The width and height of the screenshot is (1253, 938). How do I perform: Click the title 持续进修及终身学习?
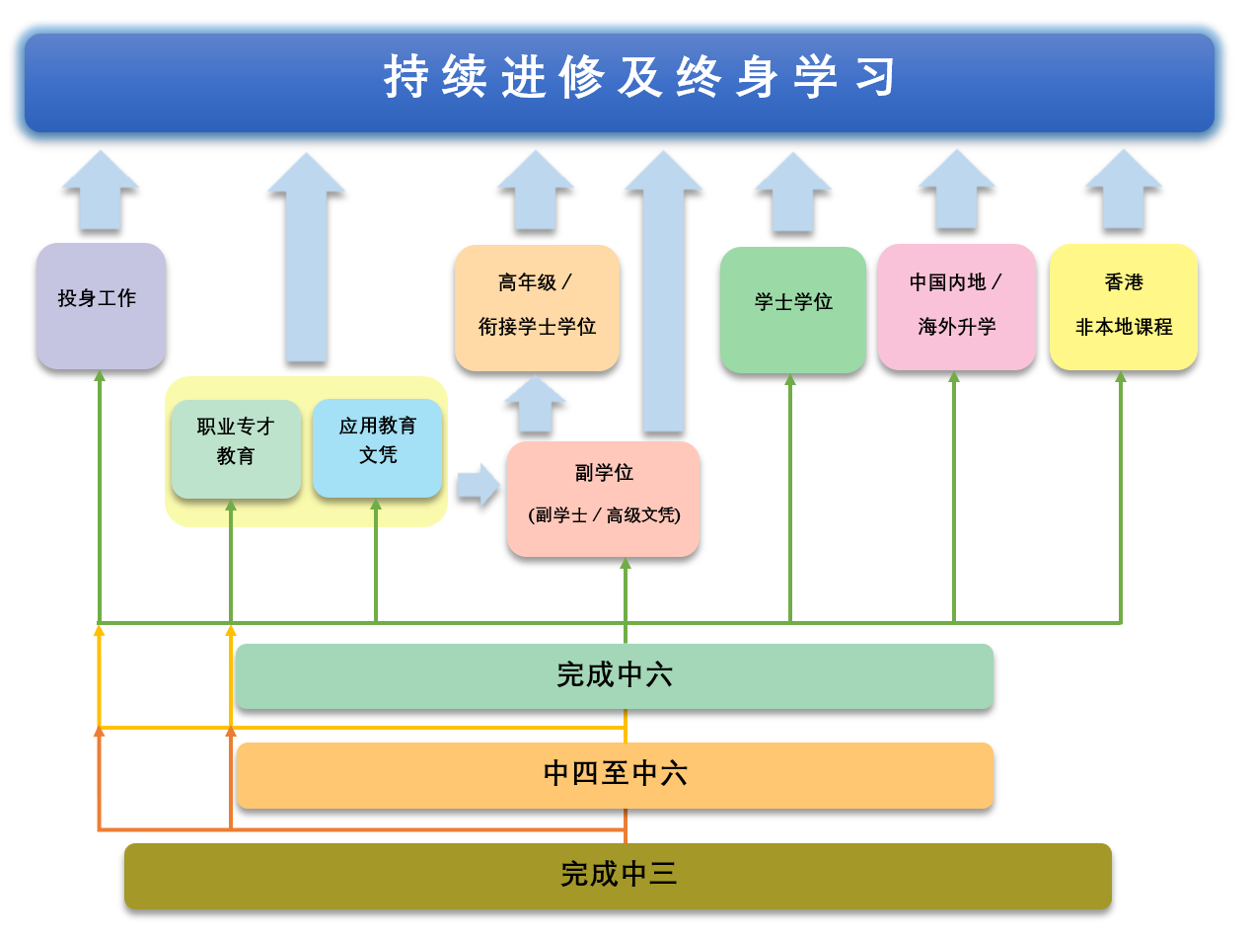[639, 77]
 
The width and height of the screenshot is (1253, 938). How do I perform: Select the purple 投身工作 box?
[101, 306]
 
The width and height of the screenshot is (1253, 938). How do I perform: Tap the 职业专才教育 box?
[236, 449]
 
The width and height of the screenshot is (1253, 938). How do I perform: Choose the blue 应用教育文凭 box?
[377, 448]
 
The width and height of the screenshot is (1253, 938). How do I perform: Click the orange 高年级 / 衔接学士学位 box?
[537, 308]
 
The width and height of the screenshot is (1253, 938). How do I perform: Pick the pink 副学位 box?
[604, 499]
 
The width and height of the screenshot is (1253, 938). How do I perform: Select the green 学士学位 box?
[793, 310]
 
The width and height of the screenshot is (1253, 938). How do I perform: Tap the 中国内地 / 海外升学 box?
[957, 307]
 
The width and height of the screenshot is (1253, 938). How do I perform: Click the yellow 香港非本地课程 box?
[1124, 307]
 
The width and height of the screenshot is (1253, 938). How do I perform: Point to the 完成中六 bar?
[615, 676]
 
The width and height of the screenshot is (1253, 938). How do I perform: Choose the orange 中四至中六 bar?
[616, 775]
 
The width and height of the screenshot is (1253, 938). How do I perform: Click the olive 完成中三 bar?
[619, 876]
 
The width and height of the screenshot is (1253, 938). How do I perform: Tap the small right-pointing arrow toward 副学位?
[479, 485]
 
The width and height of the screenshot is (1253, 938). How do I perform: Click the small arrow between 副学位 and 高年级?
[536, 404]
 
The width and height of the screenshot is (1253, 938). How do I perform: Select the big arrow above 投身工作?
[101, 191]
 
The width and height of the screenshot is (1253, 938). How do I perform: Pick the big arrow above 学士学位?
[793, 192]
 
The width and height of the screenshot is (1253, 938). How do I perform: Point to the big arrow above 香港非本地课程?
[1124, 190]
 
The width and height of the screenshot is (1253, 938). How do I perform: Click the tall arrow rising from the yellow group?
[307, 257]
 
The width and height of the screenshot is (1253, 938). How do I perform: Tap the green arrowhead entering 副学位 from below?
[626, 563]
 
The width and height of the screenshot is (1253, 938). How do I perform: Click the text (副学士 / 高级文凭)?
[605, 515]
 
